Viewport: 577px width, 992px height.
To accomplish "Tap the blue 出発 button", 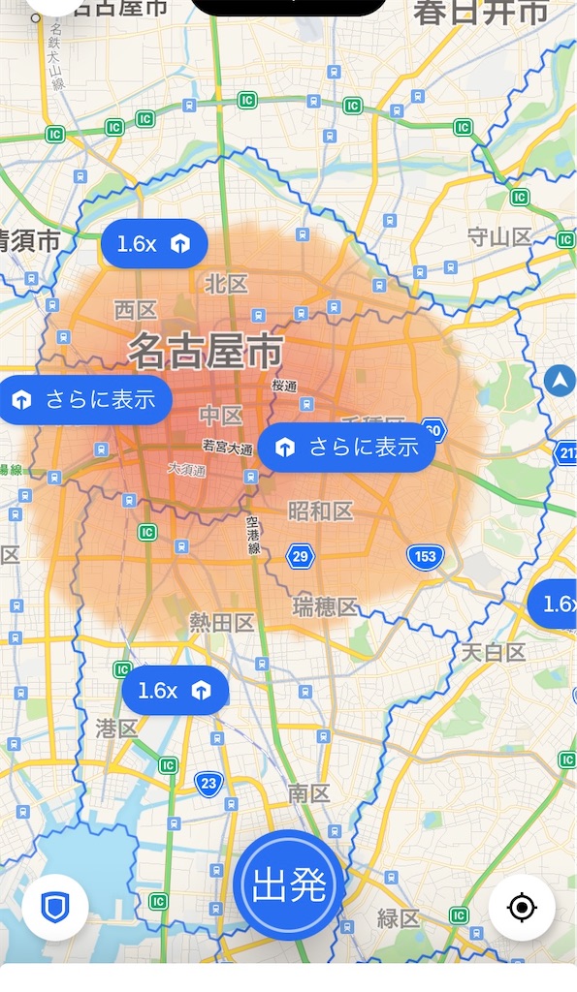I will (x=287, y=884).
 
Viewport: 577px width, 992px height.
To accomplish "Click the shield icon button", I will (x=55, y=908).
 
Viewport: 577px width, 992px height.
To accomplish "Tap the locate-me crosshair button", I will (x=522, y=908).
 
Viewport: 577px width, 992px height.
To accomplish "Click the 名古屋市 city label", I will (x=206, y=351).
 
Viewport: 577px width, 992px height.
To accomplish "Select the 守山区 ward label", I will (x=499, y=236).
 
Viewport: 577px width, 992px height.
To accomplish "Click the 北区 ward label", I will (x=226, y=284).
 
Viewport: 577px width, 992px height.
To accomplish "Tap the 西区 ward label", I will (x=136, y=310).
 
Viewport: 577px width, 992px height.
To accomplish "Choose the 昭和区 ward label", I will (x=320, y=511).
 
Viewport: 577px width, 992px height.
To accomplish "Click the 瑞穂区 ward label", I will (x=325, y=606).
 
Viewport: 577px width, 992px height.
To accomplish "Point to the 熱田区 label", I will (x=221, y=622).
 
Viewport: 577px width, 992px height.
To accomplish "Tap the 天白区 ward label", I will (x=493, y=652).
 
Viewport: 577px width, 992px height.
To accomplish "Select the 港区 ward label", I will (x=116, y=728).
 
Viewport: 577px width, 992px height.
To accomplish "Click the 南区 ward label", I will (x=309, y=793).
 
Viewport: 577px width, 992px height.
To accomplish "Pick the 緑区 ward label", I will (x=398, y=917).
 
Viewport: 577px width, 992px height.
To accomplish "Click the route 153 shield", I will (x=424, y=557).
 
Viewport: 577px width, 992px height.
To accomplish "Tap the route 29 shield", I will (x=301, y=556).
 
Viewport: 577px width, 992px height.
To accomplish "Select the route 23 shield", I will (x=208, y=783).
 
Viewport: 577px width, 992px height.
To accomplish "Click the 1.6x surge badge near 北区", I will (x=154, y=244).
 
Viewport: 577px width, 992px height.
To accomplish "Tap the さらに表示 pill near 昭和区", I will (x=346, y=447).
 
